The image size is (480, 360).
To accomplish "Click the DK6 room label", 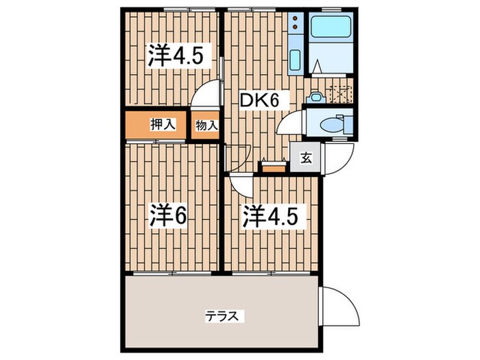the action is pos(259,100).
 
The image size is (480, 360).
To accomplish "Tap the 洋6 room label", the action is pos(168,216).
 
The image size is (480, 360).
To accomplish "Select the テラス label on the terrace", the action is pos(221,315).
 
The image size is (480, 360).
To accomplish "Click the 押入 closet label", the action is pos(163,124).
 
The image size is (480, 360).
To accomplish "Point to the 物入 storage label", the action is pos(206,125).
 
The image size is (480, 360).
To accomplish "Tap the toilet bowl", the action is pos(328,125).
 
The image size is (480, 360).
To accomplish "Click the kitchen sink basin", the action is pos(295,59).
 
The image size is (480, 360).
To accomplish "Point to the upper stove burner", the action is pos(296,19).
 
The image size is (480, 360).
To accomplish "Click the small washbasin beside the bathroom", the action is pos(315,98).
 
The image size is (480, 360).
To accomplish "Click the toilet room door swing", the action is pos(289,122).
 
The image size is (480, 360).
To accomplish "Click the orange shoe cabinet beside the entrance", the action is pos(274,167).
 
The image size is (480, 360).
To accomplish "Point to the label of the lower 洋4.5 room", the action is pos(270,216).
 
